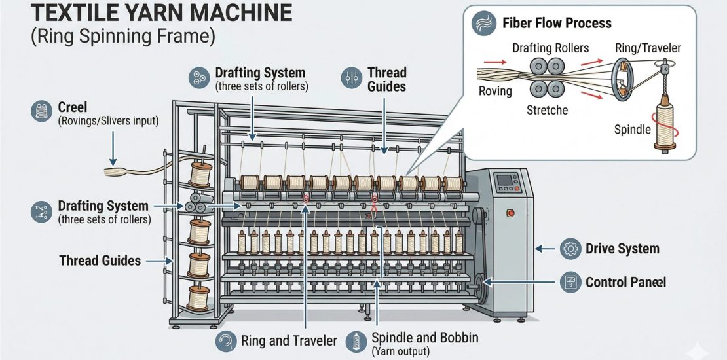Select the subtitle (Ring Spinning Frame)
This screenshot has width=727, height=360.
(122, 37)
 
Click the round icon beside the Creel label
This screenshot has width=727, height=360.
(41, 112)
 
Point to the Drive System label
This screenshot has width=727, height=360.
(622, 249)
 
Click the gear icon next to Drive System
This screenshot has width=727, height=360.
(570, 249)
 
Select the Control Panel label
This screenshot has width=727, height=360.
(625, 282)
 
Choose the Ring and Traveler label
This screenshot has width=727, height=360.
(288, 340)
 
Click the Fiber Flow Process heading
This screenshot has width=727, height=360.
(557, 24)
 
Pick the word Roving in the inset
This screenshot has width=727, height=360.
(495, 90)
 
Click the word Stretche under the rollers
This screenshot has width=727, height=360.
(547, 109)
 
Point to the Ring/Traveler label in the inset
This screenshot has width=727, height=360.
(648, 48)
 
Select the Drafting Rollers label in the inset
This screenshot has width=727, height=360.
(550, 48)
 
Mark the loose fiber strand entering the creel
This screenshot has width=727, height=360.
(121, 171)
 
